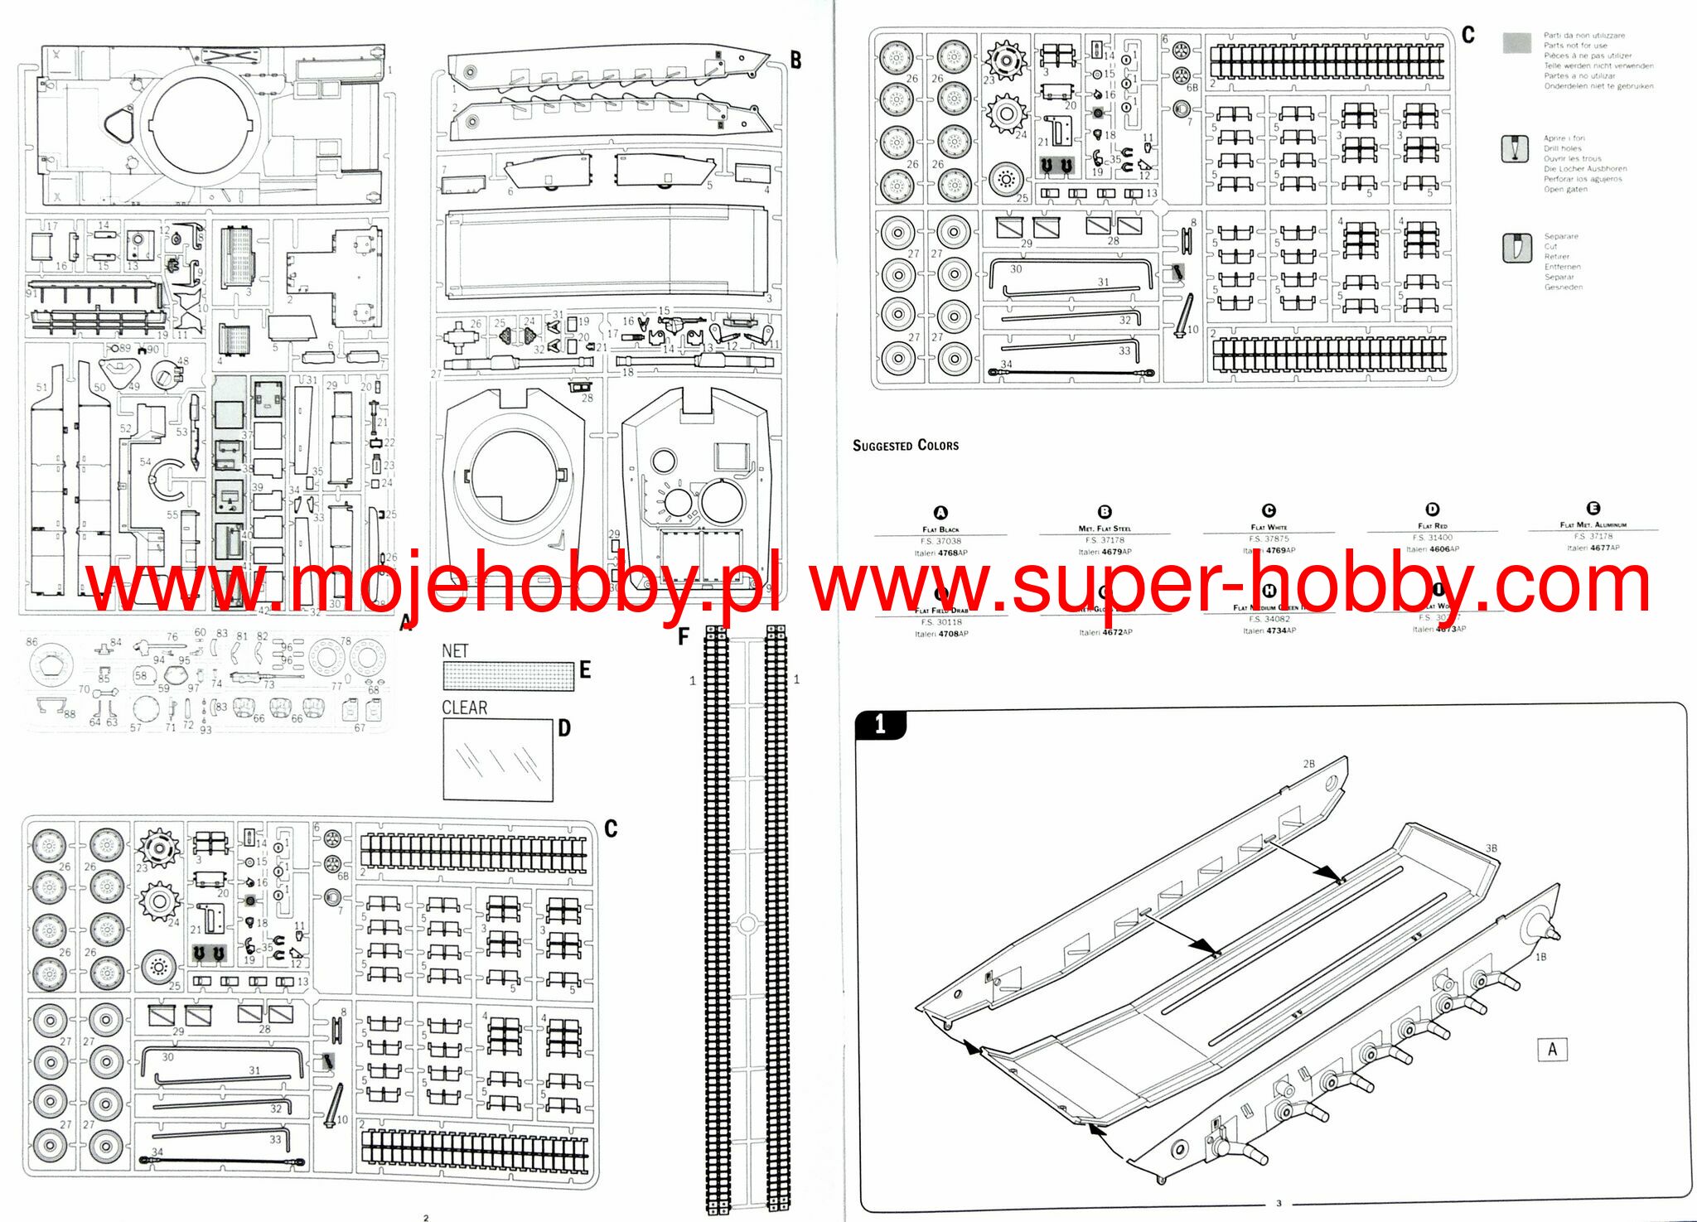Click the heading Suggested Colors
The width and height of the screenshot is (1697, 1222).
905,446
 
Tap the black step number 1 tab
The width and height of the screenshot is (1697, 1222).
880,725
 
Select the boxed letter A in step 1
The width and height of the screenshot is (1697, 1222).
1551,1050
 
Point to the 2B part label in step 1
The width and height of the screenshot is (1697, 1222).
1308,764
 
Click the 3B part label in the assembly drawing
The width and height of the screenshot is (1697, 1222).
1491,848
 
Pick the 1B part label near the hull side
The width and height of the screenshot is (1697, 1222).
1540,957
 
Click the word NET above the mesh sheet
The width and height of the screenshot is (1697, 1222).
455,651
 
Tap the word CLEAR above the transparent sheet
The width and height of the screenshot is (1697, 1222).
464,708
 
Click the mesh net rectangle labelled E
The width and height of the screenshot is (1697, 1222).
509,676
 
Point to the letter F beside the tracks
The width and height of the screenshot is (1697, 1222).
683,636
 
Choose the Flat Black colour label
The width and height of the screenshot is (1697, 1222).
940,529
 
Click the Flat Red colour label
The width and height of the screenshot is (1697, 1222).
1432,526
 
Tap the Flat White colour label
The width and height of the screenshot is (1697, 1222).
1269,527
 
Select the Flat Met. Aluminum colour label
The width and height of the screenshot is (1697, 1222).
1593,524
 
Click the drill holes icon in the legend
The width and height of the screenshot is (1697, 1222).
1515,148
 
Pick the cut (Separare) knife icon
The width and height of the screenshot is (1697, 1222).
1515,248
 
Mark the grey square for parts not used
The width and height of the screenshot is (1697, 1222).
1516,44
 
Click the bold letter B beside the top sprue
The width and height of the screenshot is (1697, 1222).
795,60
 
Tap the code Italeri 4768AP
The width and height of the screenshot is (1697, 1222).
940,553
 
